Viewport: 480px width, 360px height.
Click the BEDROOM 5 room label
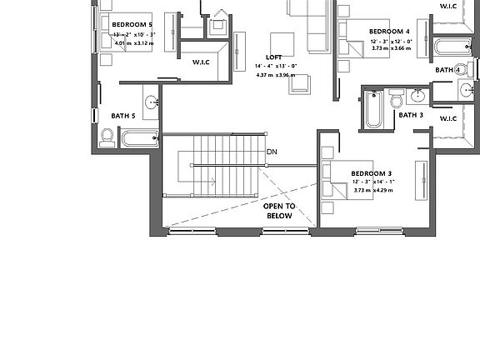click(x=132, y=25)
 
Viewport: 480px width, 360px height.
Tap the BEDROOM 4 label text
click(x=368, y=31)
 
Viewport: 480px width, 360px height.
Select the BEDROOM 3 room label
click(x=372, y=172)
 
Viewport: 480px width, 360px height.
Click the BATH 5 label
click(x=123, y=116)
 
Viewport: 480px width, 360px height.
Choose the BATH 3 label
click(x=410, y=115)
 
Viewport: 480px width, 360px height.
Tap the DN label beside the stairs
click(x=272, y=152)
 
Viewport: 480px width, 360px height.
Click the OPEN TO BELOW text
click(x=279, y=210)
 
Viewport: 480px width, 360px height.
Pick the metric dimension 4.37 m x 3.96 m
click(x=275, y=76)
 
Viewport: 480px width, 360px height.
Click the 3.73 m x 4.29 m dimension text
click(x=372, y=191)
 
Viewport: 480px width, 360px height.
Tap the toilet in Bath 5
click(x=107, y=137)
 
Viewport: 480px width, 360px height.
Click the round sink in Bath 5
click(x=152, y=102)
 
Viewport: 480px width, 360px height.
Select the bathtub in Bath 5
click(x=138, y=138)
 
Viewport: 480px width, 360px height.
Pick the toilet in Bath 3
click(x=397, y=101)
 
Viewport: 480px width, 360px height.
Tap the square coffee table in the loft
click(x=282, y=44)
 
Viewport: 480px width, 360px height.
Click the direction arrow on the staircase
click(x=208, y=180)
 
